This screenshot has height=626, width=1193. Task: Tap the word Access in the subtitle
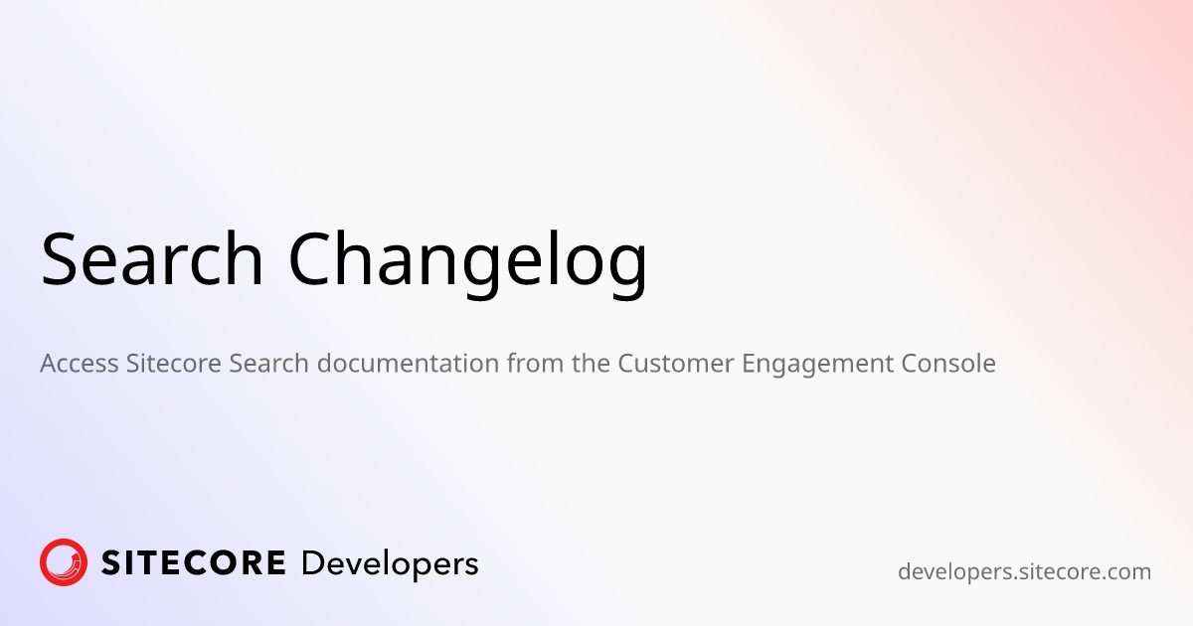80,364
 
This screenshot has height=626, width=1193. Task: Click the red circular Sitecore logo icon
64,562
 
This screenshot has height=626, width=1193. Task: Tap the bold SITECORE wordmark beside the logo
194,563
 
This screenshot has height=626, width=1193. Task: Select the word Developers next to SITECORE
389,564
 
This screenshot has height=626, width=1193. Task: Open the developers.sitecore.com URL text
1024,572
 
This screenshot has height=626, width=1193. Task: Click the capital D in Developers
313,563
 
